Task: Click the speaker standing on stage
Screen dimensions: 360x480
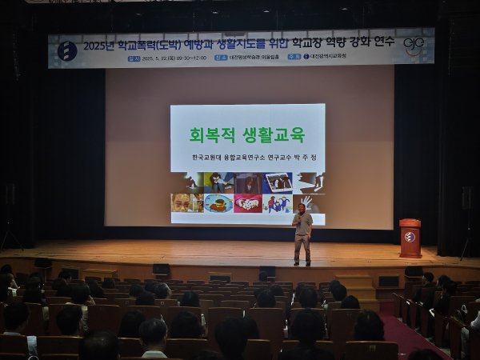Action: click(302, 234)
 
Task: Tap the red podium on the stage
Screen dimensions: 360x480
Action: click(410, 238)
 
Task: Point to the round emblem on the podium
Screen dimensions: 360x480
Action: click(410, 237)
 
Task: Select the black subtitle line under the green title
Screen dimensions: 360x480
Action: click(254, 157)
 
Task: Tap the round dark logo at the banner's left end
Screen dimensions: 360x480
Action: click(67, 50)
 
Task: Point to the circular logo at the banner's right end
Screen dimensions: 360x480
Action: click(414, 45)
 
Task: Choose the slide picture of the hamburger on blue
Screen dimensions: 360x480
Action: click(218, 202)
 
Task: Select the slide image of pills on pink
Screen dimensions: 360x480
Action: click(248, 202)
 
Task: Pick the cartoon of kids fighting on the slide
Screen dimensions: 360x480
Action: click(278, 202)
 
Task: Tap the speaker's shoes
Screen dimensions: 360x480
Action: click(302, 263)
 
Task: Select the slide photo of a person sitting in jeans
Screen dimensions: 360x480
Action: click(218, 182)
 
